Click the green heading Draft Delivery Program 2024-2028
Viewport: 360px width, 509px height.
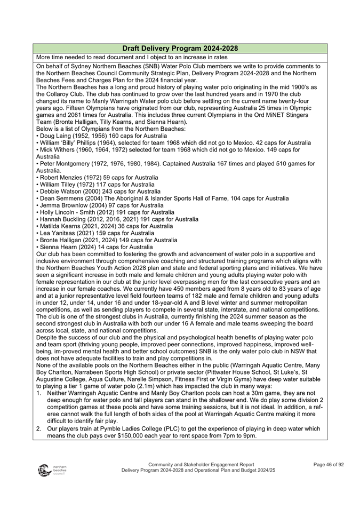coord(180,48)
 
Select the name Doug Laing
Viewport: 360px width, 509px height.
coord(54,136)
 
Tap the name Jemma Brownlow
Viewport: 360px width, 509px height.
coord(63,205)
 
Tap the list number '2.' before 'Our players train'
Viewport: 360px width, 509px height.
coord(39,428)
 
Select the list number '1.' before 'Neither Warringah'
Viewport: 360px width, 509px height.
coord(39,393)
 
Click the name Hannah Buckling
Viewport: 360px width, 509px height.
coord(62,219)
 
